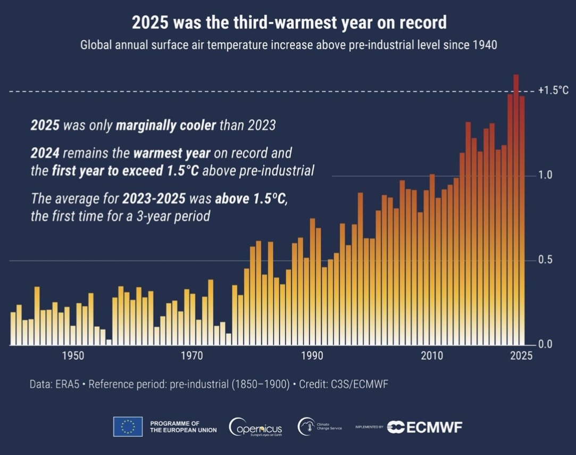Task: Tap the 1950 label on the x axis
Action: [73, 356]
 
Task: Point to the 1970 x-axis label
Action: [193, 356]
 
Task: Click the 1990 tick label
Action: [312, 356]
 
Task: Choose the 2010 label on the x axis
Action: [432, 356]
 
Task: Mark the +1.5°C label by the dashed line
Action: [553, 90]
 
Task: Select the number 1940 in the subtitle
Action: [484, 45]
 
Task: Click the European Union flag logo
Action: [128, 426]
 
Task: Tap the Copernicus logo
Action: [256, 427]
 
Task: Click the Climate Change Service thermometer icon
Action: [306, 426]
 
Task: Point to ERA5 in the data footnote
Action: [69, 384]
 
